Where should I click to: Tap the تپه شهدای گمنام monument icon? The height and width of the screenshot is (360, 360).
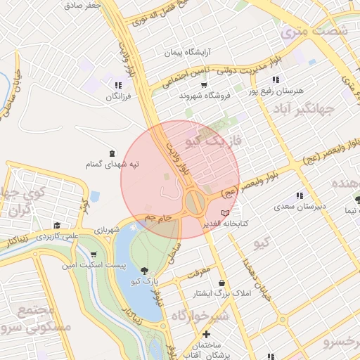coord(113,153)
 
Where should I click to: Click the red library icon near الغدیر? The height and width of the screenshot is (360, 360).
coord(225,212)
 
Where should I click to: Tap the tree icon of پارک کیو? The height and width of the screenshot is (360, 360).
coord(144,271)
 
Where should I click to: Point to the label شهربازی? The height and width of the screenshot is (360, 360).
coord(107,229)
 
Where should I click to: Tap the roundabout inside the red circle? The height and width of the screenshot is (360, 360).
coord(195,205)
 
